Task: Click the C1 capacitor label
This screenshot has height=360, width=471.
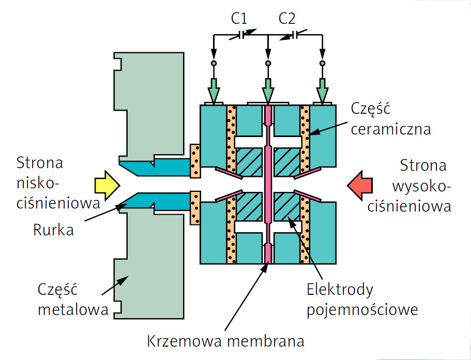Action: pyautogui.click(x=239, y=18)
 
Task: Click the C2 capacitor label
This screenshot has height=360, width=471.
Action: pyautogui.click(x=287, y=18)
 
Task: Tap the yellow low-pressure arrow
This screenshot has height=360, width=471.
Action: pyautogui.click(x=107, y=185)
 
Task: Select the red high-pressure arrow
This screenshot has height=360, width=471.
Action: pyautogui.click(x=360, y=185)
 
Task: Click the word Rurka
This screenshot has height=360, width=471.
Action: pyautogui.click(x=53, y=230)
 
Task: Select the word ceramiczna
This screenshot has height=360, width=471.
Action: pyautogui.click(x=391, y=129)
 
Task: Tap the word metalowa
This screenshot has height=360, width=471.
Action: pyautogui.click(x=73, y=309)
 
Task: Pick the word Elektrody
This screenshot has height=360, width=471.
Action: pyautogui.click(x=340, y=289)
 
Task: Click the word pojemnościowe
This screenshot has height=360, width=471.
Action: pyautogui.click(x=362, y=309)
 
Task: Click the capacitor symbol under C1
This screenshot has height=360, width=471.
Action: pyautogui.click(x=242, y=35)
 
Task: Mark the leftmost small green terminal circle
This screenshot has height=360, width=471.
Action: pyautogui.click(x=214, y=64)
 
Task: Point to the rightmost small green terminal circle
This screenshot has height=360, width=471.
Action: pyautogui.click(x=322, y=64)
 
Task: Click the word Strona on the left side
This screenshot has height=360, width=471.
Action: pyautogui.click(x=40, y=163)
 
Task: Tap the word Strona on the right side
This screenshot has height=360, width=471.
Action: pyautogui.click(x=423, y=166)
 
